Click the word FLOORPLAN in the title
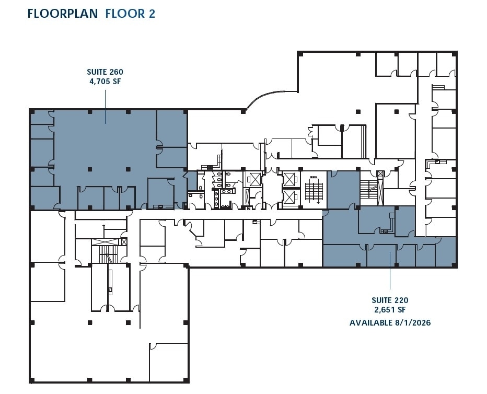pyautogui.click(x=63, y=14)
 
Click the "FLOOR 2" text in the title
pyautogui.click(x=130, y=14)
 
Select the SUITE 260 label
pyautogui.click(x=105, y=72)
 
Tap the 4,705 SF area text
pyautogui.click(x=105, y=82)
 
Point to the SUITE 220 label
pyautogui.click(x=390, y=300)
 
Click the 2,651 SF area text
pyautogui.click(x=390, y=310)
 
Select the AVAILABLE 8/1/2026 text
pyautogui.click(x=390, y=323)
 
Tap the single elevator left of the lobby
pyautogui.click(x=254, y=179)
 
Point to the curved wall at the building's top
pyautogui.click(x=269, y=97)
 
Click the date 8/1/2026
pyautogui.click(x=411, y=323)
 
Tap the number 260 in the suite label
pyautogui.click(x=116, y=72)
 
